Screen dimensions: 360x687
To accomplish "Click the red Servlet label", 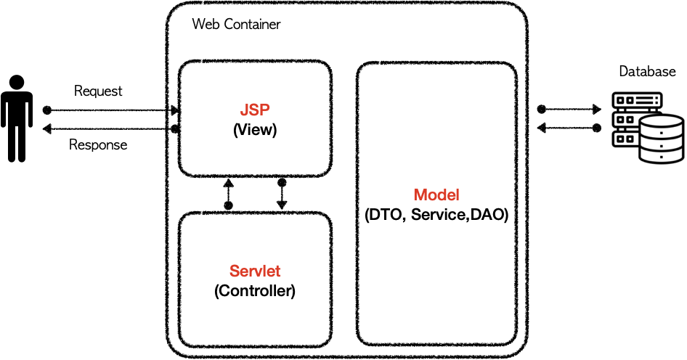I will click(255, 271).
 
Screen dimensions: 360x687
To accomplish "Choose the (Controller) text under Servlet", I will click(255, 292).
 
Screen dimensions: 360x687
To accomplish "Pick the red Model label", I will click(436, 195).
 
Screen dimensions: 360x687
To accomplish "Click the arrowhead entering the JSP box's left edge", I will click(174, 111).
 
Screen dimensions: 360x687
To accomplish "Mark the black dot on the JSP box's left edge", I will click(174, 129).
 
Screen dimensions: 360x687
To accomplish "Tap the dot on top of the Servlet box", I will click(228, 206).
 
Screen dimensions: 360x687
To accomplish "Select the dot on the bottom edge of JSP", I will click(282, 182).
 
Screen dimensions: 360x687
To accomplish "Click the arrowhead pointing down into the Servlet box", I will click(282, 205).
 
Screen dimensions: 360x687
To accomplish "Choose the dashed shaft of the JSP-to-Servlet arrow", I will click(282, 194).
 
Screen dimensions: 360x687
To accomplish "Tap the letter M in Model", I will click(420, 195).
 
